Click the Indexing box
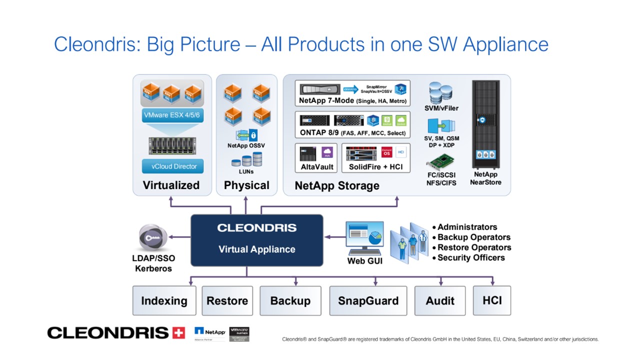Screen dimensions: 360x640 pyautogui.click(x=164, y=301)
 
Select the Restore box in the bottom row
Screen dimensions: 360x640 pyautogui.click(x=227, y=301)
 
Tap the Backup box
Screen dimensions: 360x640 pyautogui.click(x=290, y=301)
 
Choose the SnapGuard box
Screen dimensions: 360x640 pyautogui.click(x=368, y=301)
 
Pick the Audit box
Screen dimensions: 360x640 pyautogui.click(x=440, y=301)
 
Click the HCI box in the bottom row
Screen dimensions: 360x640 pyautogui.click(x=492, y=300)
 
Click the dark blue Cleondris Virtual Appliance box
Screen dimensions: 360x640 pyautogui.click(x=257, y=240)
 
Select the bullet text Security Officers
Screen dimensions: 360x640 pyautogui.click(x=471, y=258)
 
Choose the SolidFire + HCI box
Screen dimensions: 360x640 pyautogui.click(x=375, y=158)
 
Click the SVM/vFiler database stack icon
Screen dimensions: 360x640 pyautogui.click(x=440, y=93)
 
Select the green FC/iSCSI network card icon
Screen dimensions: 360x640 pyautogui.click(x=441, y=162)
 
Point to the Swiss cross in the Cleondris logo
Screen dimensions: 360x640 pyautogui.click(x=178, y=332)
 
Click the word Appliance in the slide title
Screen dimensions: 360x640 pyautogui.click(x=505, y=44)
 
